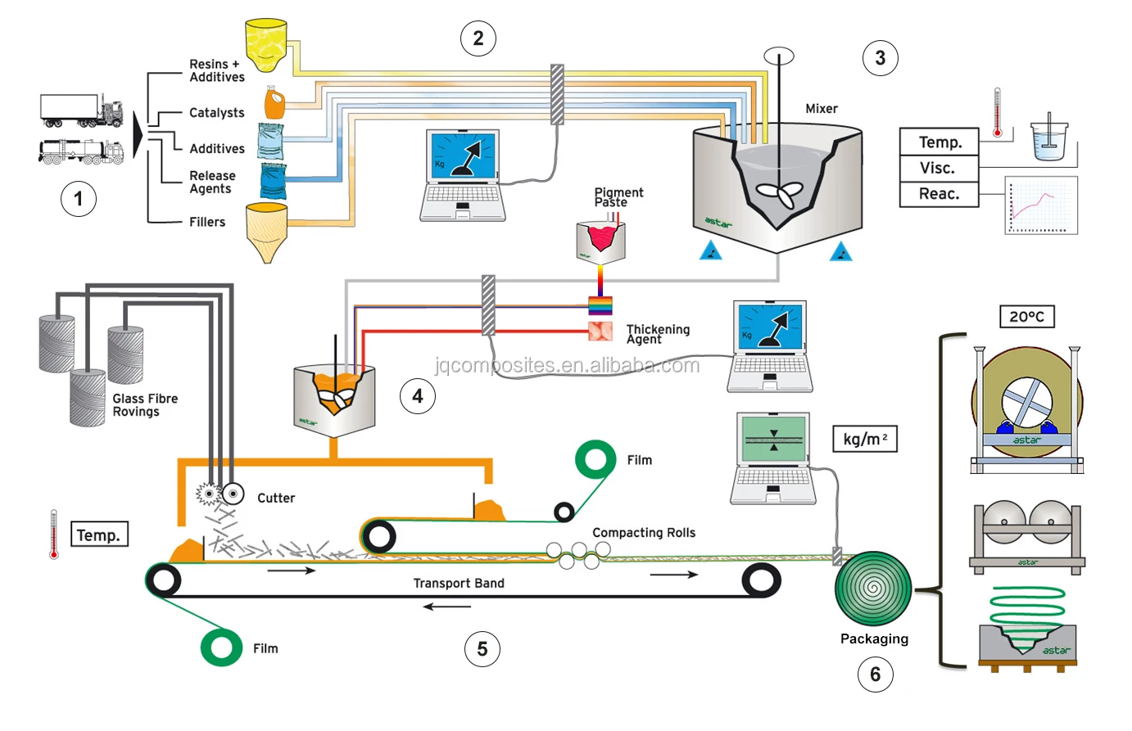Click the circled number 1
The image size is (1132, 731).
[x=79, y=199]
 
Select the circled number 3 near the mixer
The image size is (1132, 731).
[x=880, y=58]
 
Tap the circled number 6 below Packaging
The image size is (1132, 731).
[x=875, y=675]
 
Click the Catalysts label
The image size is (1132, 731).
[x=216, y=113]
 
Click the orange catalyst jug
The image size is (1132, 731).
[x=274, y=104]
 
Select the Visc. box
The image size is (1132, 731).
[x=939, y=168]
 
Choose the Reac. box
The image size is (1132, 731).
[x=939, y=194]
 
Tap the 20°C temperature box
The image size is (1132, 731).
[x=1026, y=317]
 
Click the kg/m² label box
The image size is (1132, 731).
[x=864, y=439]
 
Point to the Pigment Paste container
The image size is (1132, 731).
[x=600, y=241]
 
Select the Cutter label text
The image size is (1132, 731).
[x=276, y=498]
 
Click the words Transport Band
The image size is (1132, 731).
[x=459, y=583]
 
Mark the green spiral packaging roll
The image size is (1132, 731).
[x=873, y=588]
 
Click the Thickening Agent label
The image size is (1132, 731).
[x=658, y=334]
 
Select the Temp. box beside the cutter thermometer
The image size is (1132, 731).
[x=99, y=535]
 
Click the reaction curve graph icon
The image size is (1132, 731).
[x=1041, y=205]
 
